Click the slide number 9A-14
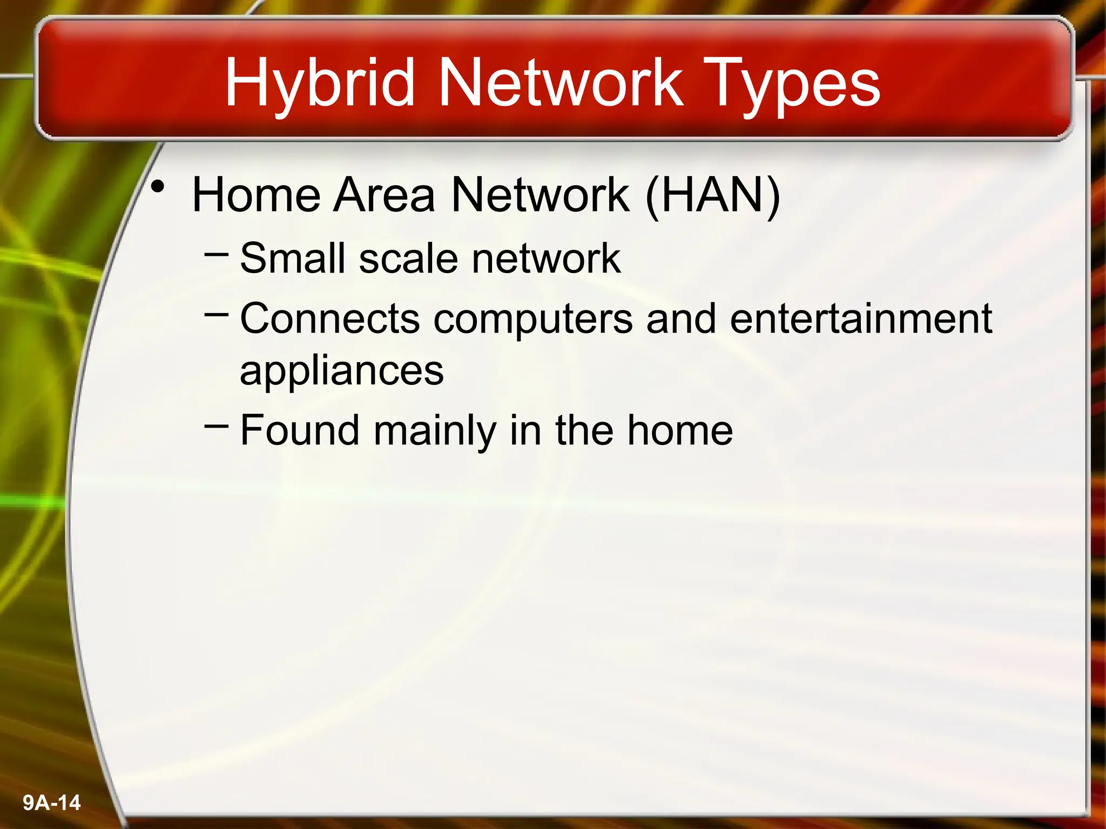[52, 803]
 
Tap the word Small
[292, 258]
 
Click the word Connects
[329, 318]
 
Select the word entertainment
[861, 318]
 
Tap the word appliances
[341, 371]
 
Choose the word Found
[300, 430]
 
